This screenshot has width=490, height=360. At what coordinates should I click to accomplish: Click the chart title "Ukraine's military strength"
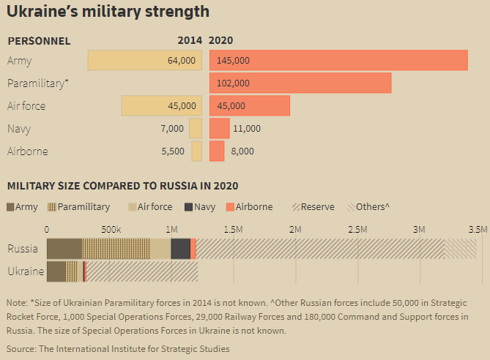[x=108, y=12]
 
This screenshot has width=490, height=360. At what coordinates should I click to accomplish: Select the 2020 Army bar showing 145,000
[x=338, y=60]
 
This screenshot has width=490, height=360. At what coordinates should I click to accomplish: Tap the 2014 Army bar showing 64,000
[x=144, y=60]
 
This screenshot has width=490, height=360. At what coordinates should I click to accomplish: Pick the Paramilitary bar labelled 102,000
[x=300, y=83]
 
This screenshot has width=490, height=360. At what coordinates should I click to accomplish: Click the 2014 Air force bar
[x=161, y=106]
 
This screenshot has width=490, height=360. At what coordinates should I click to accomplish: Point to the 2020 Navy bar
[x=219, y=129]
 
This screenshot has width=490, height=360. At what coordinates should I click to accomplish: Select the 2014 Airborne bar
[x=196, y=151]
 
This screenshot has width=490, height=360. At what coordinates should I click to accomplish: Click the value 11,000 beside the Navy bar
[x=246, y=129]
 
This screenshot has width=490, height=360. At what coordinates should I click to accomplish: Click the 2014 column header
[x=190, y=41]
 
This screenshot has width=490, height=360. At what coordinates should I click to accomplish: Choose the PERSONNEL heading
[x=39, y=41]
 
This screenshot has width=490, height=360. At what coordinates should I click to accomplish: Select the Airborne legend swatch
[x=230, y=207]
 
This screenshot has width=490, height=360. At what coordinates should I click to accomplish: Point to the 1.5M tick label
[x=233, y=229]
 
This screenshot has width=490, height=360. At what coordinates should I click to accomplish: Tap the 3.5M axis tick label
[x=479, y=229]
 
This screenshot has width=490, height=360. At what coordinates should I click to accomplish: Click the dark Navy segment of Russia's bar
[x=180, y=249]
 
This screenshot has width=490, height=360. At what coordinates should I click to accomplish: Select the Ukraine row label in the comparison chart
[x=25, y=271]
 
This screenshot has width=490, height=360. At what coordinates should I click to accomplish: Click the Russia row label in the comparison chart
[x=23, y=249]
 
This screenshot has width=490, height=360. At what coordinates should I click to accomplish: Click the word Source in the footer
[x=21, y=349]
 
